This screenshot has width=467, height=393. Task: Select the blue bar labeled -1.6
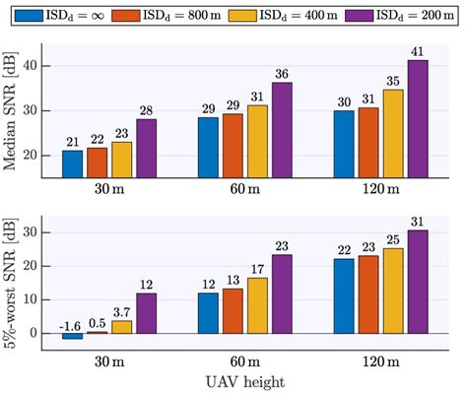coord(73,336)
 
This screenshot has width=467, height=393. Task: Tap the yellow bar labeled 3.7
coord(121,327)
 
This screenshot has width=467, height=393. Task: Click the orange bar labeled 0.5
coord(97,333)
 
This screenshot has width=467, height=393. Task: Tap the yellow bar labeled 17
coord(256,305)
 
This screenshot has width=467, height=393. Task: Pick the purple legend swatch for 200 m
coord(352,15)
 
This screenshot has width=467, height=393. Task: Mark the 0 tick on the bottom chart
coord(42,333)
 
